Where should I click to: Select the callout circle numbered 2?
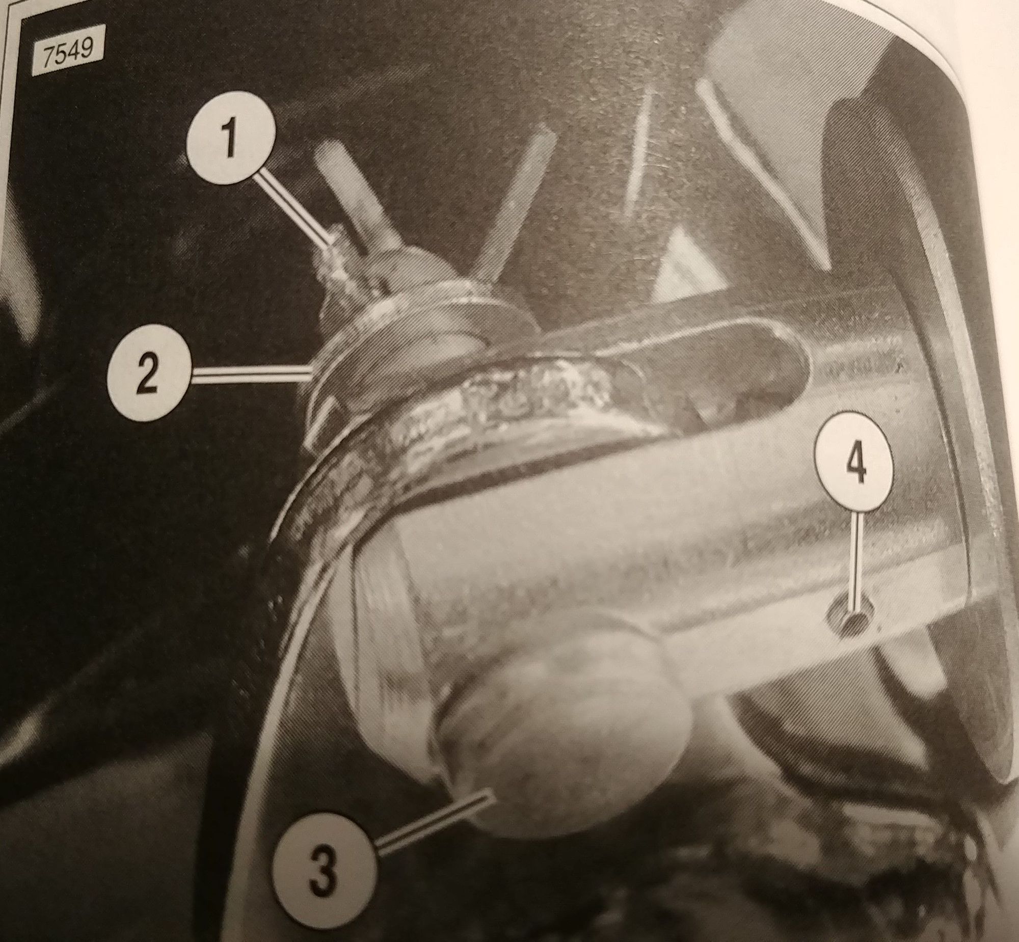[149, 378]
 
